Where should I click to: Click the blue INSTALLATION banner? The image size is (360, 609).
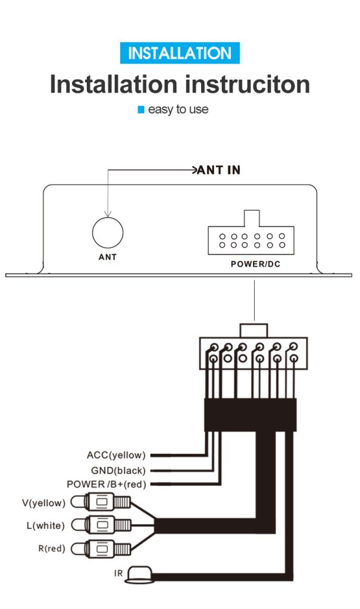tap(180, 53)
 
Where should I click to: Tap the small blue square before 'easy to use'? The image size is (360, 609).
tap(141, 109)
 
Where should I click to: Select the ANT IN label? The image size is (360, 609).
tap(219, 170)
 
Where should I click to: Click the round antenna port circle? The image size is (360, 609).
tap(108, 233)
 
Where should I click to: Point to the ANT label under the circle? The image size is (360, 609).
tap(107, 257)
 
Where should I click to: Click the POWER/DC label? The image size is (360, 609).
tap(255, 264)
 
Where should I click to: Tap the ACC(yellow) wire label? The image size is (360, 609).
tap(116, 455)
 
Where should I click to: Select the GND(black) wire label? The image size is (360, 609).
tap(118, 471)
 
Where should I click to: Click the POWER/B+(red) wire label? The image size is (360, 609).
tap(107, 484)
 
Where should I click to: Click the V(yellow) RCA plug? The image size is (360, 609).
tap(101, 502)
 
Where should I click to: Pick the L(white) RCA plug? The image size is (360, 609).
tap(101, 526)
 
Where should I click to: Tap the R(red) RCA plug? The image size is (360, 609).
tap(101, 549)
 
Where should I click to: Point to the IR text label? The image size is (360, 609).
tap(118, 573)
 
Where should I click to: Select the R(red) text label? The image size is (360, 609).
tap(52, 548)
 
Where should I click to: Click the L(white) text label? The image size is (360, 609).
tap(45, 526)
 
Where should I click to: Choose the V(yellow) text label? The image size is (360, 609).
tap(43, 503)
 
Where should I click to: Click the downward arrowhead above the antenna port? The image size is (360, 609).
tap(108, 214)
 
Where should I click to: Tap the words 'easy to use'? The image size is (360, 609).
tap(178, 109)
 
